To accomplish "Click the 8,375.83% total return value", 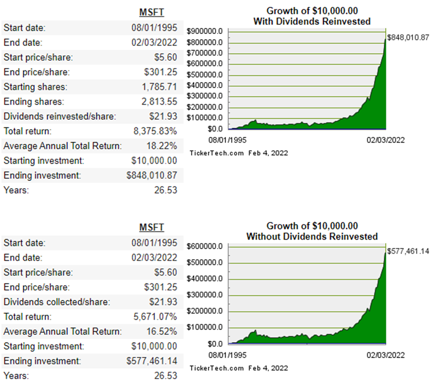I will (x=154, y=131).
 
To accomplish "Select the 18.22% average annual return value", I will (x=161, y=146).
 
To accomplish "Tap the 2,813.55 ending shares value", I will (x=159, y=102).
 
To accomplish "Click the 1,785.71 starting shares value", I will (x=159, y=87).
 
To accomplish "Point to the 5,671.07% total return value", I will (x=154, y=317).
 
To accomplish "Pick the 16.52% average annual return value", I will (x=161, y=332).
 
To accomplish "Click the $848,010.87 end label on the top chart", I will (x=408, y=38).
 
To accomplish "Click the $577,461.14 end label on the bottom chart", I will (x=408, y=251).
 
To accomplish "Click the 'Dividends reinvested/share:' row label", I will (x=60, y=117).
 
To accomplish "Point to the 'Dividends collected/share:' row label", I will (x=57, y=302).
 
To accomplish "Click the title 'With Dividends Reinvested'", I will (x=312, y=22).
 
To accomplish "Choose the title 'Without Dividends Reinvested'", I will (x=312, y=237).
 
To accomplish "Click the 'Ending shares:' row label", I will (x=34, y=102).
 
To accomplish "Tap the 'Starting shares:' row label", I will (x=35, y=87).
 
